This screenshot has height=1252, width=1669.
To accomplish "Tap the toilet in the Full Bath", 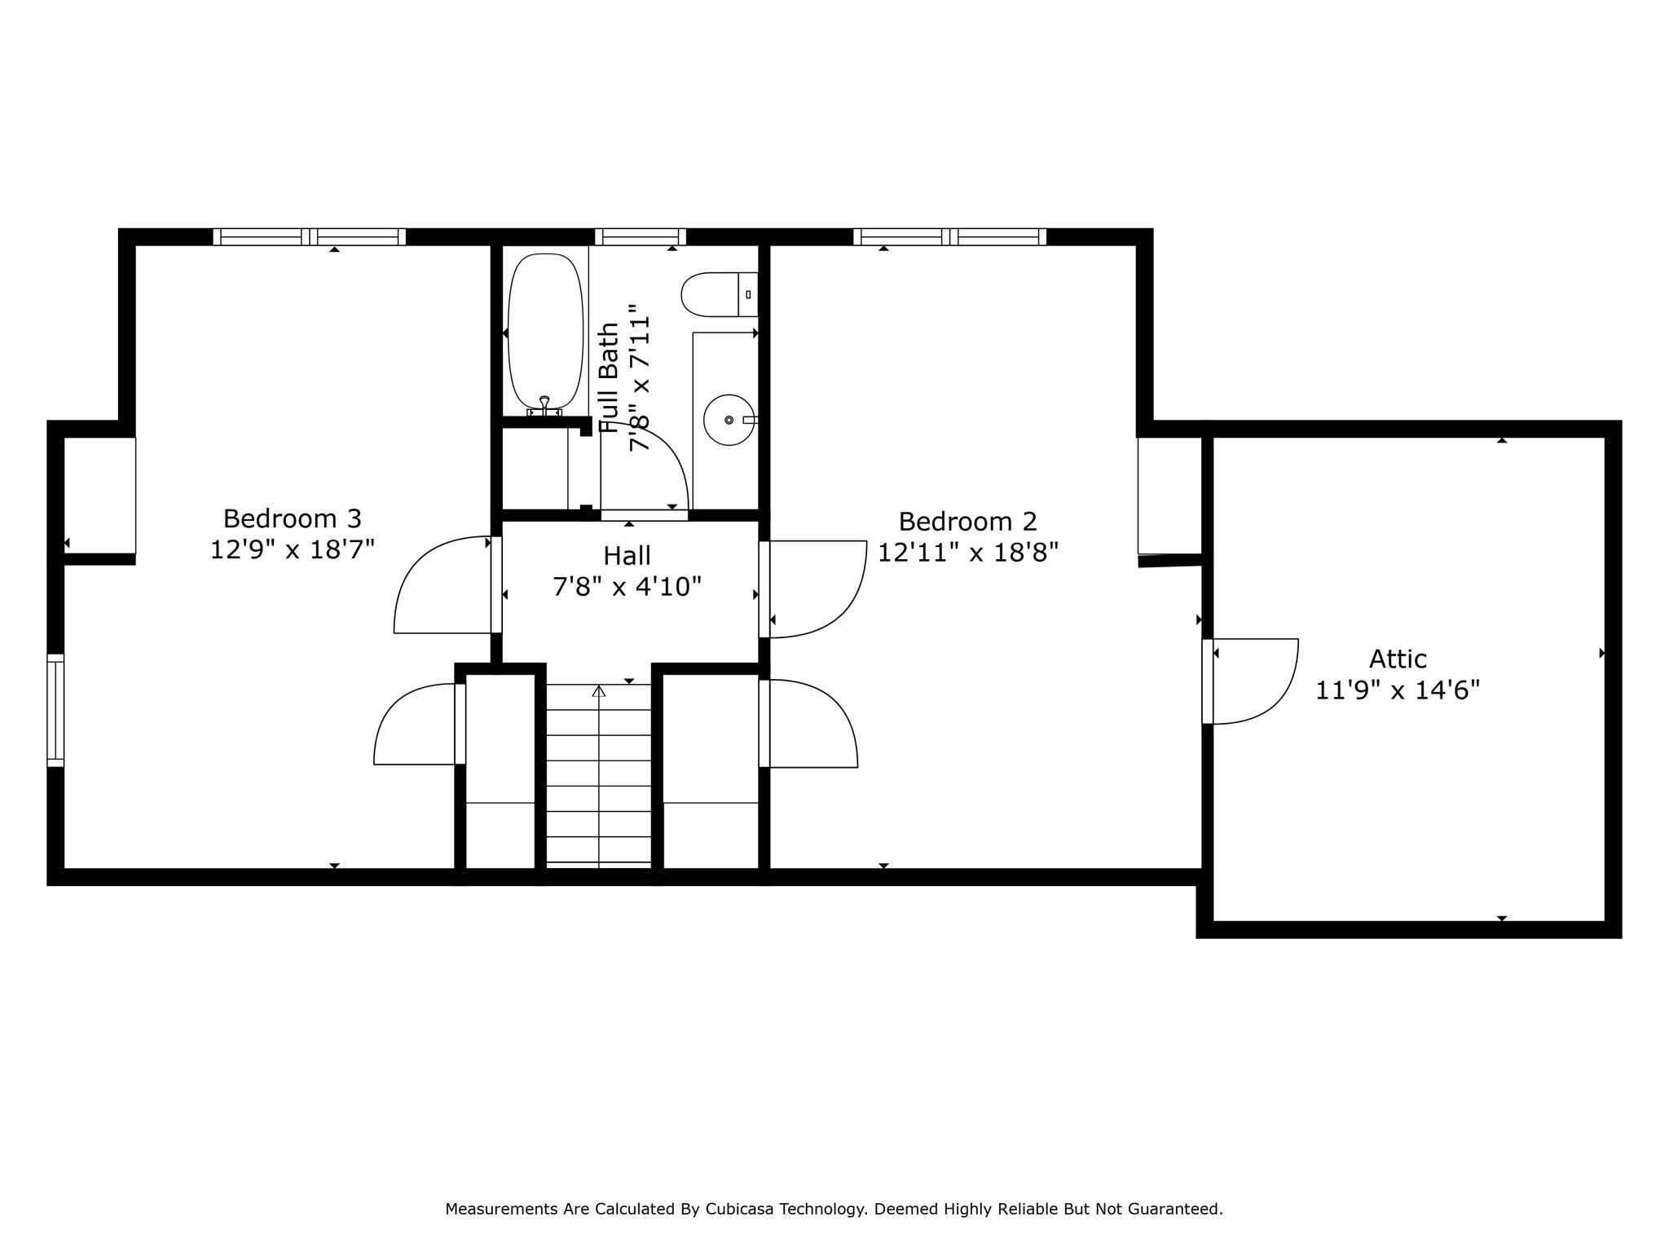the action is click(x=720, y=294).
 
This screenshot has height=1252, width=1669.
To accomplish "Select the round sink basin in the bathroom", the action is click(x=729, y=420).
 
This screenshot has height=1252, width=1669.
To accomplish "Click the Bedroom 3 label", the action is click(x=293, y=518).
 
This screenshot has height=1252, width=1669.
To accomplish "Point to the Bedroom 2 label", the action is click(x=968, y=521).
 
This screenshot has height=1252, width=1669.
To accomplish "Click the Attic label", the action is click(x=1398, y=659).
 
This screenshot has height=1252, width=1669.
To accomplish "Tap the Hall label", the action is click(x=627, y=556).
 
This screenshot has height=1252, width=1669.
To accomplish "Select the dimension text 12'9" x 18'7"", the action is click(x=293, y=549).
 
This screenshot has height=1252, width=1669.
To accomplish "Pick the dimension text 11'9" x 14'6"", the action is click(x=1398, y=690).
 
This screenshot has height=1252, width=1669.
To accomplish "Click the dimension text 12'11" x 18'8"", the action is click(x=968, y=553).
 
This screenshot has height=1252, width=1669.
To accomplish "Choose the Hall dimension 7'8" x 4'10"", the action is click(x=627, y=587).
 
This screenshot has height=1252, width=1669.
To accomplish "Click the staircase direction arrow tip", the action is click(x=599, y=686).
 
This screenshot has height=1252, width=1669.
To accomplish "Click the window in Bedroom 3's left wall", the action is click(x=55, y=710).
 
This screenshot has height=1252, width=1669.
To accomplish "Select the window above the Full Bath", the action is click(x=641, y=236).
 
